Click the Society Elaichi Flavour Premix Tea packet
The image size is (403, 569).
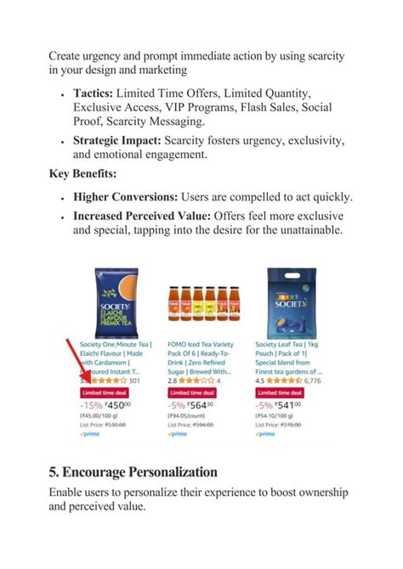[114, 301]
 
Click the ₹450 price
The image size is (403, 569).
[119, 406]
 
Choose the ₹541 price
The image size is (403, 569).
[292, 406]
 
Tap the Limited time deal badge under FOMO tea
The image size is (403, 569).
[191, 393]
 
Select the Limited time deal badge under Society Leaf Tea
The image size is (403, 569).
[279, 393]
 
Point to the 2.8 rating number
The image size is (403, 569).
[173, 380]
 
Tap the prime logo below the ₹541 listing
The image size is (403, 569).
[265, 434]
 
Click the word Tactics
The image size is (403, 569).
[93, 92]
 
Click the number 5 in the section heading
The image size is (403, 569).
[54, 471]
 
